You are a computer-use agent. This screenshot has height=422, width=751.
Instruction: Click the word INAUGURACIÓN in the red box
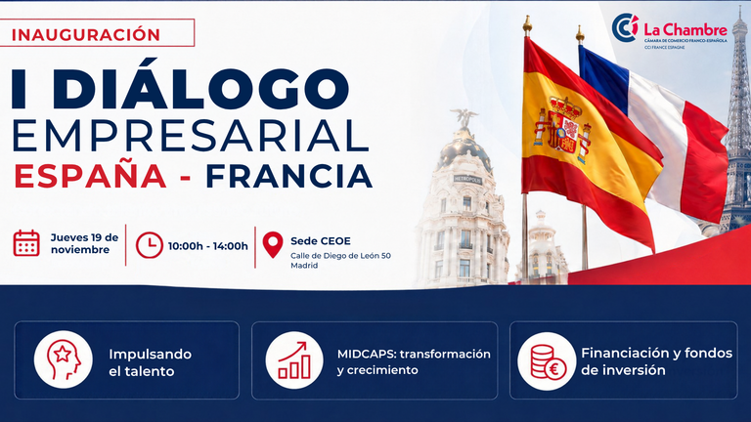pyautogui.click(x=86, y=34)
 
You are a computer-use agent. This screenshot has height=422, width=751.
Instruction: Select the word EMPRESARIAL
pyautogui.click(x=190, y=137)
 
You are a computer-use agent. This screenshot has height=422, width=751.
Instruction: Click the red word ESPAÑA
pyautogui.click(x=91, y=176)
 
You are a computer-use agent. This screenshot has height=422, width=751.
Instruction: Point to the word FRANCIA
pyautogui.click(x=288, y=177)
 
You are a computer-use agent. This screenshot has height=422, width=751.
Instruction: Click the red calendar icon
pyautogui.click(x=26, y=243)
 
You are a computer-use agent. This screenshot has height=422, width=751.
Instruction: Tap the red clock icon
pyautogui.click(x=150, y=245)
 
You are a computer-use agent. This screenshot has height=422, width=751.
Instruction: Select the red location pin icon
pyautogui.click(x=273, y=244)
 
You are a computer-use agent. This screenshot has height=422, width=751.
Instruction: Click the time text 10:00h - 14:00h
pyautogui.click(x=208, y=246)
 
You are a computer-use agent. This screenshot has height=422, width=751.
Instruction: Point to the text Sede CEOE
pyautogui.click(x=321, y=240)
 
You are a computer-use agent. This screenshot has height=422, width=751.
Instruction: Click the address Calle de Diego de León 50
pyautogui.click(x=340, y=256)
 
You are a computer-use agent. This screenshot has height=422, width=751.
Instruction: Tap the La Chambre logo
pyautogui.click(x=670, y=30)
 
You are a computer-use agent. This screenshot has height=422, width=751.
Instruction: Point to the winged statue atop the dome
pyautogui.click(x=464, y=117)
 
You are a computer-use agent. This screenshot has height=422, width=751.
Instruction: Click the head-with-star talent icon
pyautogui.click(x=64, y=359)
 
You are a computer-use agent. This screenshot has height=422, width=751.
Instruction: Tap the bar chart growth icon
pyautogui.click(x=294, y=359)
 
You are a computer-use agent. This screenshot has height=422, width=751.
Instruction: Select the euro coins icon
pyautogui.click(x=547, y=361)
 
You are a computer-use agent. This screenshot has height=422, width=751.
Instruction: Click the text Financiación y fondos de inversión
pyautogui.click(x=657, y=361)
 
